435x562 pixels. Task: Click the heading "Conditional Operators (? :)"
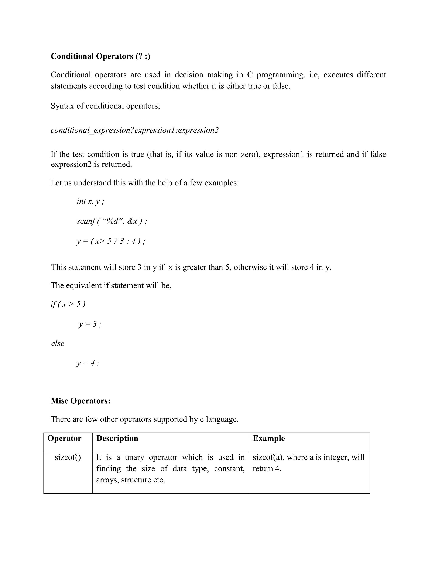(100, 56)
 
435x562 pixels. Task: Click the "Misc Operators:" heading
(81, 401)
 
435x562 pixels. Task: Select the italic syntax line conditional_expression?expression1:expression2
(134, 130)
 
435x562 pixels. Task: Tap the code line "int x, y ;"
(90, 201)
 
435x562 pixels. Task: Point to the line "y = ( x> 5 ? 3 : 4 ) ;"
(111, 241)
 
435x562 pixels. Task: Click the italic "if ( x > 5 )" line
(68, 304)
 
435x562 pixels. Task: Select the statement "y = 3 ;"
(90, 324)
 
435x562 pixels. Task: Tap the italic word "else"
(58, 344)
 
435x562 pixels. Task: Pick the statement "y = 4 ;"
(88, 363)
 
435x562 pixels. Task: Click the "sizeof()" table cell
(68, 457)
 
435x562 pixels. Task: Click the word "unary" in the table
(134, 457)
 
